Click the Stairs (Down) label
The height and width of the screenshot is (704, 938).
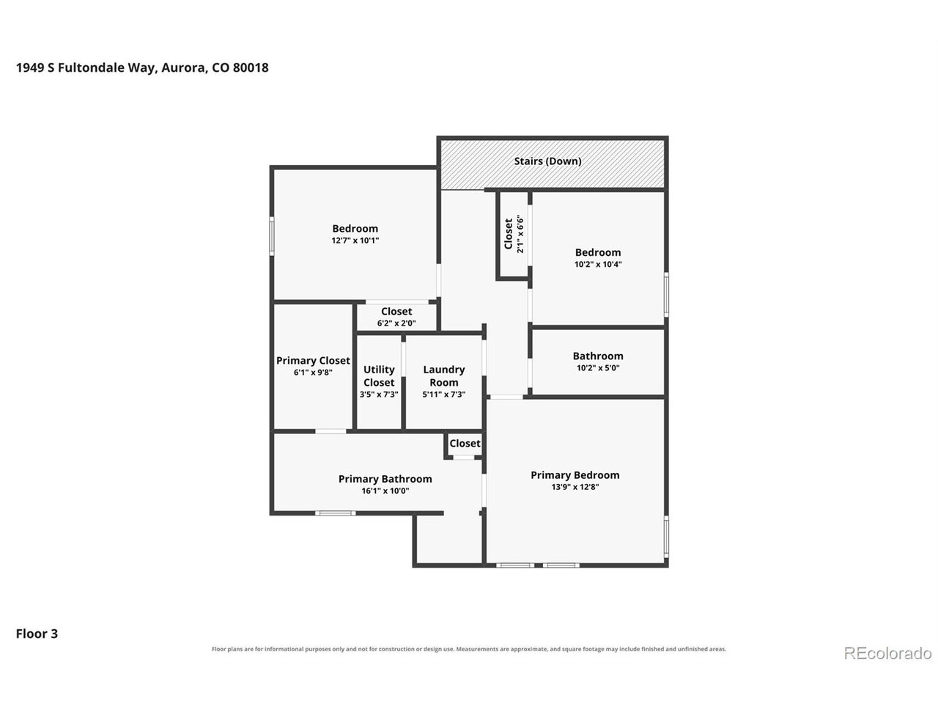[x=547, y=161]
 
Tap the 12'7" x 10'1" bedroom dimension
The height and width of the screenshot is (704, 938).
[x=355, y=241]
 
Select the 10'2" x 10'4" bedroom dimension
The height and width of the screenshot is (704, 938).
[x=598, y=264]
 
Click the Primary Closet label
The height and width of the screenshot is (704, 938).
[x=313, y=360]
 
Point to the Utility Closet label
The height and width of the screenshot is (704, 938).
[x=379, y=375]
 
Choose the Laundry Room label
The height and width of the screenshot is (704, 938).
[x=443, y=375]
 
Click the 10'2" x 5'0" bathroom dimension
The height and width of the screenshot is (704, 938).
[x=598, y=367]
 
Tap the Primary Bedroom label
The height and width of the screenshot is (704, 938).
[x=575, y=475]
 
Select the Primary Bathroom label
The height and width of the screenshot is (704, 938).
[x=385, y=479]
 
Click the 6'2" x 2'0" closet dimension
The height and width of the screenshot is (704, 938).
[x=396, y=323]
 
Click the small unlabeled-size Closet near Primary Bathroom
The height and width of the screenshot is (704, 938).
[x=465, y=443]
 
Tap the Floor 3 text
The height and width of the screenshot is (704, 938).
[x=37, y=634]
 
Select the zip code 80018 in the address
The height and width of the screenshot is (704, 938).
[x=251, y=67]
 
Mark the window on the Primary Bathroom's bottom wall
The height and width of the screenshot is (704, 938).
[x=336, y=513]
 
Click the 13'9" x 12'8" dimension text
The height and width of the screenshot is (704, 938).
[x=575, y=487]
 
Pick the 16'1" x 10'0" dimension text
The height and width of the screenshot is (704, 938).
[x=385, y=491]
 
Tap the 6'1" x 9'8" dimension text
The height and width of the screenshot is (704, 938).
[x=313, y=373]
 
